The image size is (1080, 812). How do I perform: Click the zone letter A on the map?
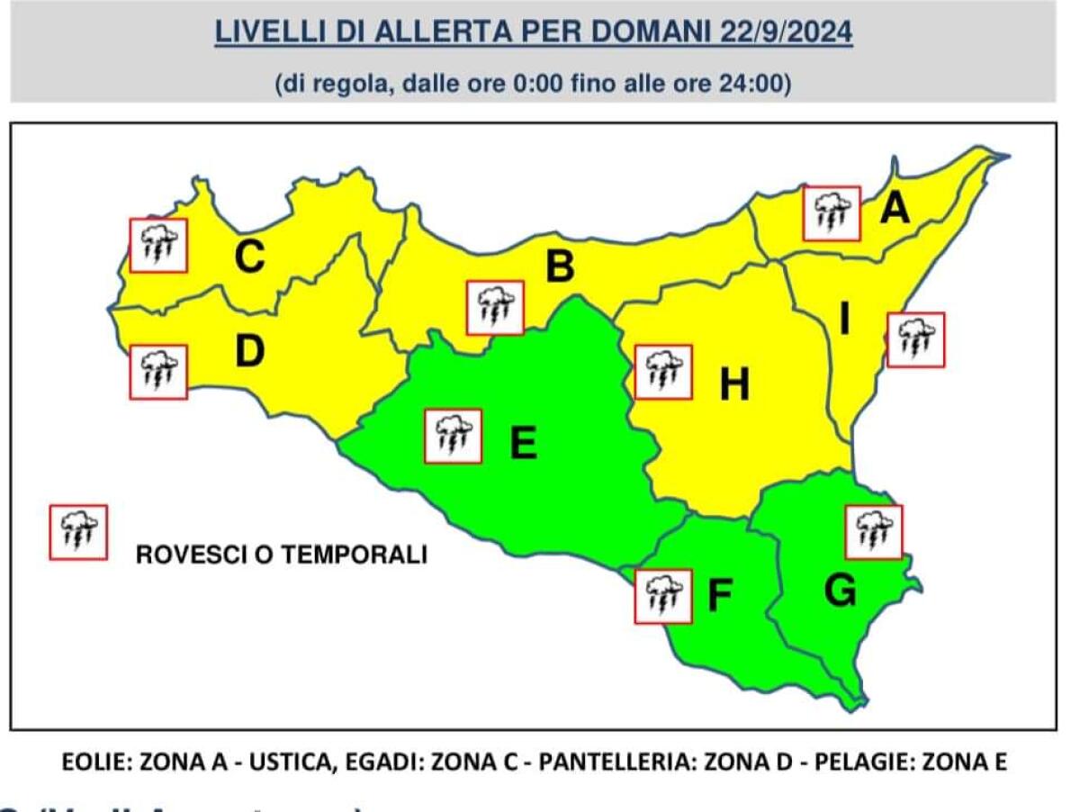click(895, 210)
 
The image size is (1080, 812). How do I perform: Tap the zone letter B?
click(560, 267)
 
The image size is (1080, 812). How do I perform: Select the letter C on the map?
click(249, 258)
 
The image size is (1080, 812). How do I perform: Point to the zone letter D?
click(249, 352)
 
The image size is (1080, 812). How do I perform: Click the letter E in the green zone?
click(523, 444)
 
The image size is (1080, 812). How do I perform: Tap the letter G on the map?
click(840, 591)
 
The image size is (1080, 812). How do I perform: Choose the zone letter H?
click(734, 386)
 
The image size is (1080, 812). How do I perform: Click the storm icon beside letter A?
click(832, 213)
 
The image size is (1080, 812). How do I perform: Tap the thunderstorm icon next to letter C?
click(158, 245)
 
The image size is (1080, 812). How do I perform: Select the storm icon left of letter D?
click(158, 372)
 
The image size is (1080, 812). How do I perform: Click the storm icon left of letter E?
click(453, 437)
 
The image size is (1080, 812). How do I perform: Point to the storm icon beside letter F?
click(663, 596)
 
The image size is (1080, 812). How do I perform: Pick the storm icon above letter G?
click(874, 532)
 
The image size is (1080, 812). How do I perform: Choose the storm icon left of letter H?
click(663, 372)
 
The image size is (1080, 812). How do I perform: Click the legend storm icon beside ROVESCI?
click(78, 532)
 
